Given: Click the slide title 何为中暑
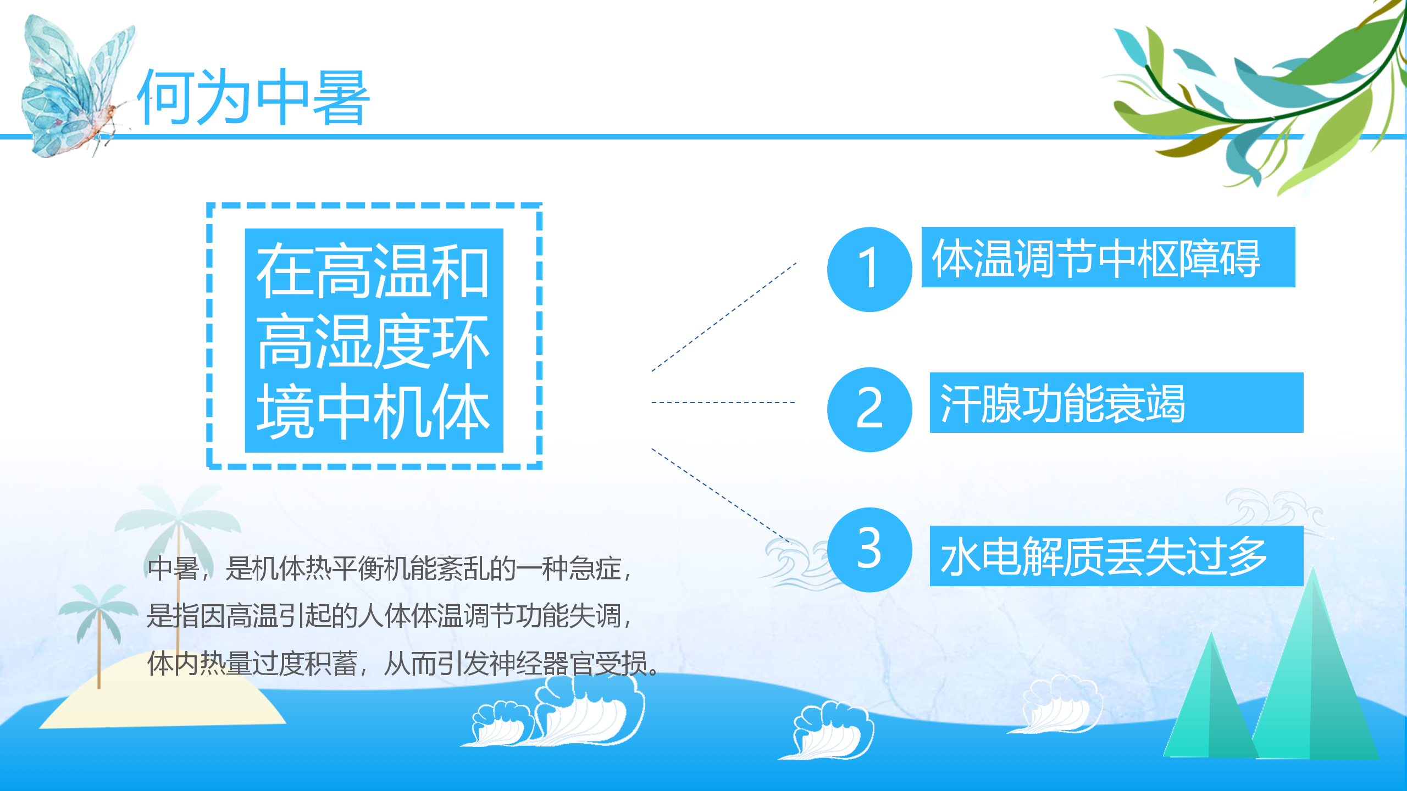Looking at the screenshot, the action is coord(253,98).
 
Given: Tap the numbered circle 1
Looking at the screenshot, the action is coord(869,269).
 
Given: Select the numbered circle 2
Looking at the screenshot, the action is coord(869,409).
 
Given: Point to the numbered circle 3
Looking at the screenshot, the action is coord(869,549).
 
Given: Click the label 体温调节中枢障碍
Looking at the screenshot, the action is coord(1096,258).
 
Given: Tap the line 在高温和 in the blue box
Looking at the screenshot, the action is coord(373,271).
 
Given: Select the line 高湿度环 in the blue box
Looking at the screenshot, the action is coord(373,342).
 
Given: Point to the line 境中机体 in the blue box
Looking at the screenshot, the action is coord(373,411).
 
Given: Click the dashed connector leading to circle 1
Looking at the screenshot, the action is coord(724,317).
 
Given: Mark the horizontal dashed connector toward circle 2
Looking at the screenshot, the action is coord(723,403).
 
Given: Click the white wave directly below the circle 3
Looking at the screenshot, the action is coord(830,731).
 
